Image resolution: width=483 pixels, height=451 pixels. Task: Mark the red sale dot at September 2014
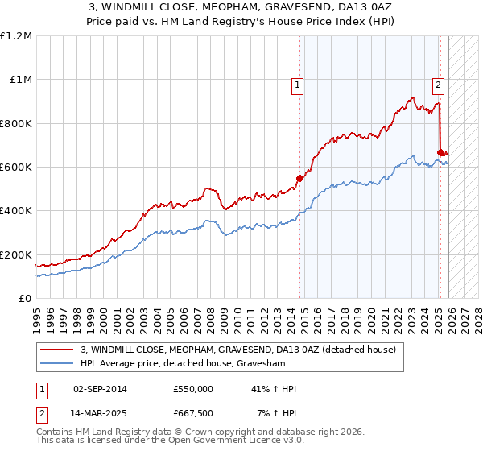[299, 178]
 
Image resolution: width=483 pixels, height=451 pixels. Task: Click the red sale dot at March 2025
[440, 152]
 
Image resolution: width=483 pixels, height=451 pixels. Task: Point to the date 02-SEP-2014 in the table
[100, 389]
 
